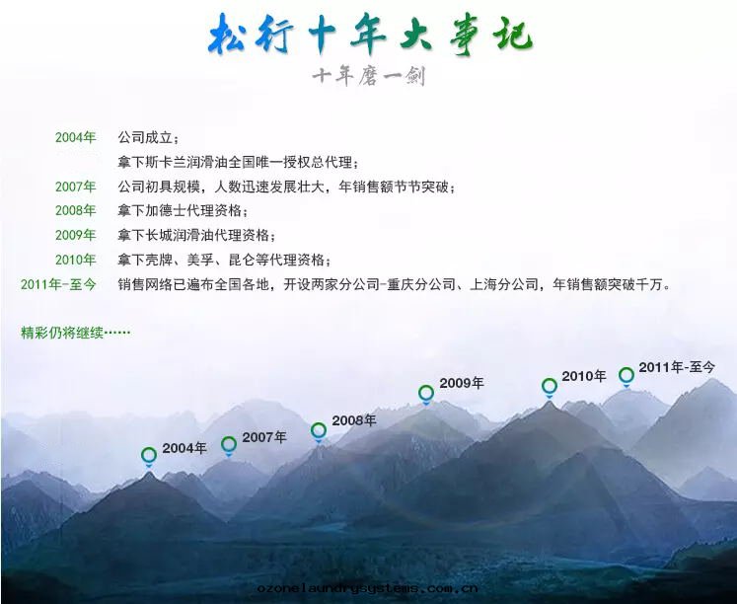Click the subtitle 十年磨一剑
(368, 76)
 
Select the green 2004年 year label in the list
(76, 136)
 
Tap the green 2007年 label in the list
(76, 186)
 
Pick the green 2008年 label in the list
(76, 210)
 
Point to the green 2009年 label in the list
(76, 235)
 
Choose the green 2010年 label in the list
(76, 260)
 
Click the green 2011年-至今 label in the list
(58, 284)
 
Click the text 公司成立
(149, 137)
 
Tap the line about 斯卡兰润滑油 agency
(238, 162)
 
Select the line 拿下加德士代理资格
(184, 210)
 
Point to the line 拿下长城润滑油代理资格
(197, 235)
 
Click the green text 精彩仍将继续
(75, 332)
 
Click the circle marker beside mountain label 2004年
(149, 455)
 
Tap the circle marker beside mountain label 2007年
(229, 444)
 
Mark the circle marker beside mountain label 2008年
(319, 430)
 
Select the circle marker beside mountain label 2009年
(426, 393)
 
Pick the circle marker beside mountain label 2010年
(550, 386)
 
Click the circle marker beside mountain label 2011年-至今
(626, 375)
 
